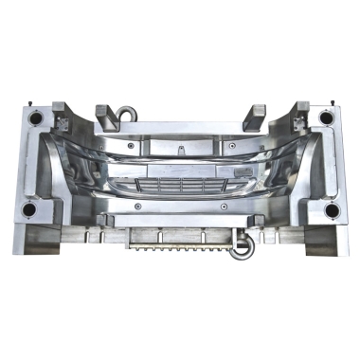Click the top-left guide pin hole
click(x=35, y=117)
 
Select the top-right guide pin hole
click(x=326, y=117)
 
